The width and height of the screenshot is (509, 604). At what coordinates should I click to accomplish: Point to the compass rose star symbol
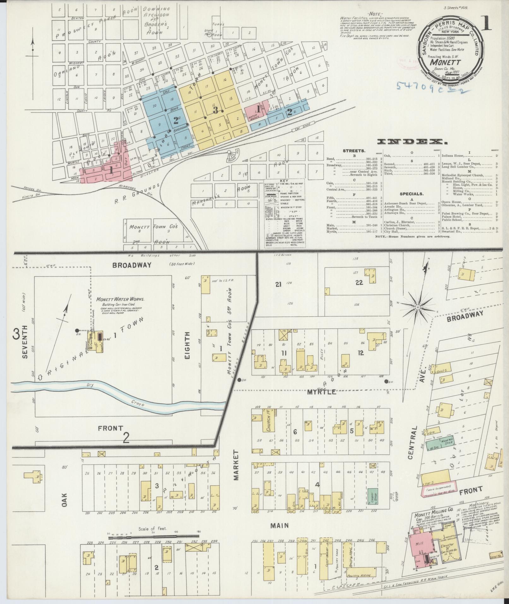tap(417, 307)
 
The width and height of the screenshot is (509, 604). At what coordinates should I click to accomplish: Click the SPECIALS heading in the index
tap(411, 194)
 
